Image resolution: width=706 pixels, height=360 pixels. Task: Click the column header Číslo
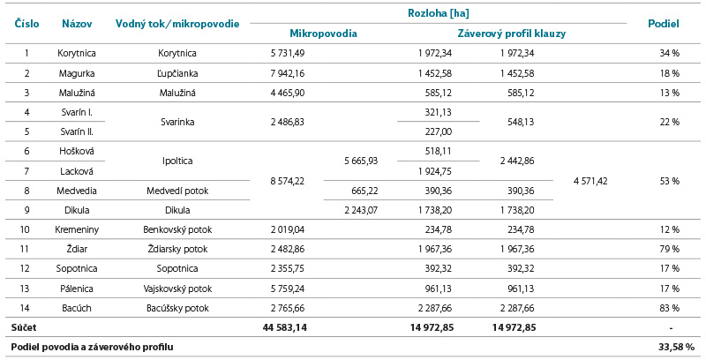click(26, 23)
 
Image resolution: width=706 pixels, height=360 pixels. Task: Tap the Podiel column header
click(663, 23)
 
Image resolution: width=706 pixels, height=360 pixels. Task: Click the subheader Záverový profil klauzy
click(512, 34)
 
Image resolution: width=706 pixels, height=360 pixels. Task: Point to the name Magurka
click(77, 73)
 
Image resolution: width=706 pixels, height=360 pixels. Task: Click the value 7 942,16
click(288, 73)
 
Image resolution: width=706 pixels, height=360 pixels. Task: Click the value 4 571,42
click(590, 180)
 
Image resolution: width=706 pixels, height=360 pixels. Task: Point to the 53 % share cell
click(669, 180)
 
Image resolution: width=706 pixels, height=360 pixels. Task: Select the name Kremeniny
click(77, 229)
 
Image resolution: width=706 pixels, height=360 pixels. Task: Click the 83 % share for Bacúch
click(669, 307)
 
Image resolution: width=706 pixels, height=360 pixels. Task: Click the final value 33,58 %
click(676, 347)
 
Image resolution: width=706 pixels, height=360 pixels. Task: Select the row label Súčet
click(24, 327)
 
